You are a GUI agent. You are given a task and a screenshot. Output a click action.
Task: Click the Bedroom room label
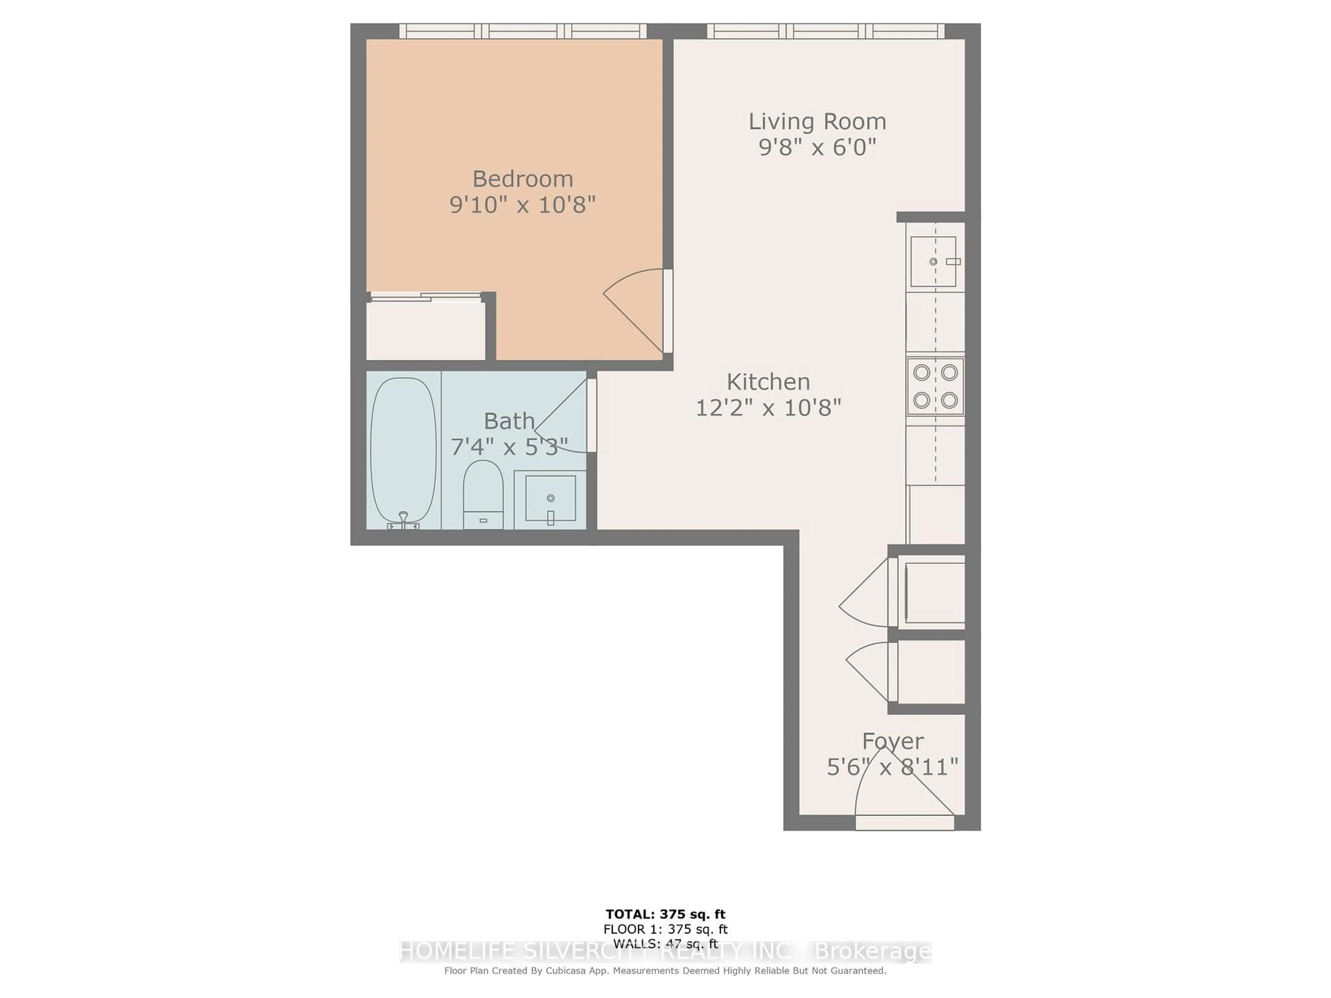tap(522, 179)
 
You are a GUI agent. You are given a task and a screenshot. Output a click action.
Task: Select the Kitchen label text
tap(768, 382)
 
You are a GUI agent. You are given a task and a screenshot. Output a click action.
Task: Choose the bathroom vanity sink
tap(550, 498)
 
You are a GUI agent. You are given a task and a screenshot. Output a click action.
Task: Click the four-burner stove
tap(935, 386)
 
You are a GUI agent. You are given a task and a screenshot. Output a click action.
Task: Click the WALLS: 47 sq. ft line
tap(665, 944)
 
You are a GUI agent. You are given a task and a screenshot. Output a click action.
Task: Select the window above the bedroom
tap(522, 31)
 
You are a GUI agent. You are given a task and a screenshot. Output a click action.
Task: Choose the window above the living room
tap(825, 31)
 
